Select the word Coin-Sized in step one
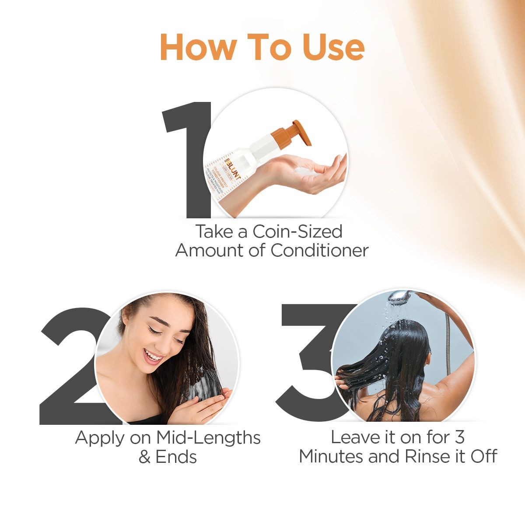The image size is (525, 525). coord(297,231)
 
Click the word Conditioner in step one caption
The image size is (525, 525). coord(319,251)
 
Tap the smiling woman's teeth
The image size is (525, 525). coord(153,357)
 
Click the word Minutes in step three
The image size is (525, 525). coord(332,456)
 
